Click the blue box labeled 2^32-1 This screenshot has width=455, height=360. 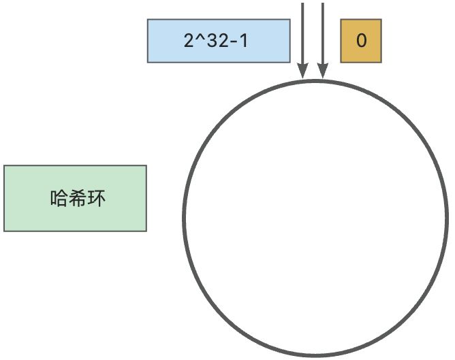[x=219, y=41]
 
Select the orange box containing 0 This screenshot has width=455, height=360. [x=361, y=41]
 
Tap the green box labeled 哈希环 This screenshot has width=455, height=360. [x=75, y=198]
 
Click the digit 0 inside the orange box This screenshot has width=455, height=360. [x=361, y=41]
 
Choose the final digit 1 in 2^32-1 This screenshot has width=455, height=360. [x=243, y=41]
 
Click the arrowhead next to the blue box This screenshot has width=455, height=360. [x=303, y=72]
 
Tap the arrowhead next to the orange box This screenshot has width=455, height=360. [x=322, y=72]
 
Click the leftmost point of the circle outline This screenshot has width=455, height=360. [x=184, y=218]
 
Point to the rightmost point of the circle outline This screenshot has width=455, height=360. [x=447, y=218]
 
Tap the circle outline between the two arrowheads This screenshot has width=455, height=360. [x=313, y=81]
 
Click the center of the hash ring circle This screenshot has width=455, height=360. [x=315, y=218]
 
